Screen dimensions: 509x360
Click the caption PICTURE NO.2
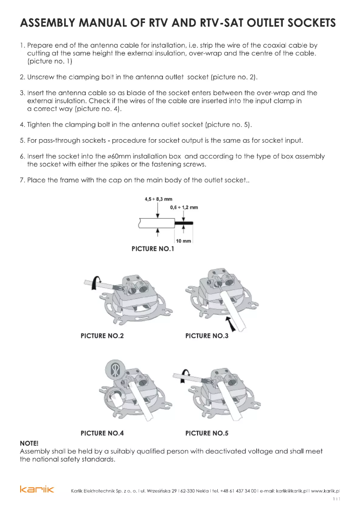(102, 336)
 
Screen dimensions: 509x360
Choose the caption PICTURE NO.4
(102, 433)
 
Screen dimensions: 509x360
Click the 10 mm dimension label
(184, 241)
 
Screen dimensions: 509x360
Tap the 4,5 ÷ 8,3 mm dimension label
(158, 199)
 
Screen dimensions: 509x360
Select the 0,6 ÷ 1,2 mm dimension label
(184, 207)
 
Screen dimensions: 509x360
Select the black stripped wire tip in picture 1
(184, 223)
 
